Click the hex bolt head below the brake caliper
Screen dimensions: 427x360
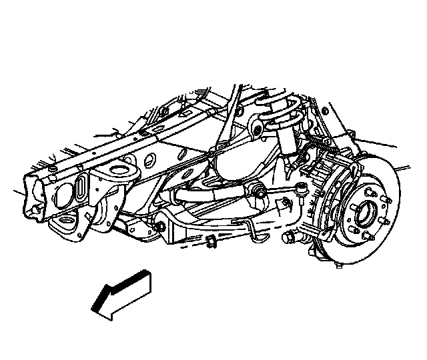290,238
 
